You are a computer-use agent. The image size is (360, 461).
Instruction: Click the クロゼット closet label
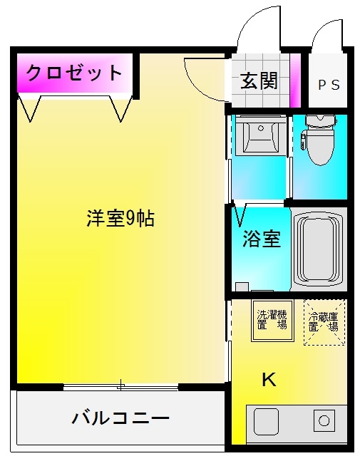tap(74, 73)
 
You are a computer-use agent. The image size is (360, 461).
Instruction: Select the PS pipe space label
tap(328, 85)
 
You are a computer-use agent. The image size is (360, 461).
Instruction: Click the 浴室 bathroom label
tap(261, 239)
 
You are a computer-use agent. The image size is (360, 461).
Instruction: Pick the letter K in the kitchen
tap(268, 380)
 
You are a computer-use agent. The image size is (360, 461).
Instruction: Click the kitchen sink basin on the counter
tap(267, 422)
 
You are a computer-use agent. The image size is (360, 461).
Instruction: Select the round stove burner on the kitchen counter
tap(324, 420)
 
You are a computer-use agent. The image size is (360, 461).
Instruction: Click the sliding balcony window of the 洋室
tap(120, 387)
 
